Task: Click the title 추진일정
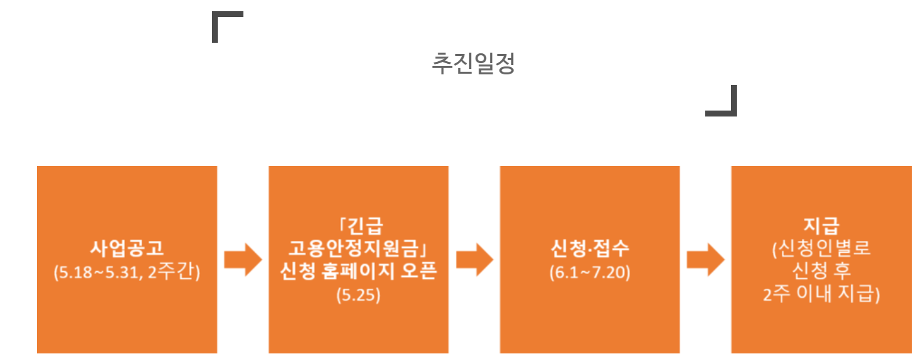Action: coord(473,64)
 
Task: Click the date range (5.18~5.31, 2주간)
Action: coord(127,272)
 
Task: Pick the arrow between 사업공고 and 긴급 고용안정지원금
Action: coord(243,260)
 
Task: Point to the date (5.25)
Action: coord(359,294)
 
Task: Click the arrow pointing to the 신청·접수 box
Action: coord(474,260)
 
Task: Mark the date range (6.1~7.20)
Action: coord(590,272)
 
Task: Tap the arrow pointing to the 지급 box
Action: coord(705,260)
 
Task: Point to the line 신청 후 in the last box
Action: coord(822,271)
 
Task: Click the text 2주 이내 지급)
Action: coord(822,294)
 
